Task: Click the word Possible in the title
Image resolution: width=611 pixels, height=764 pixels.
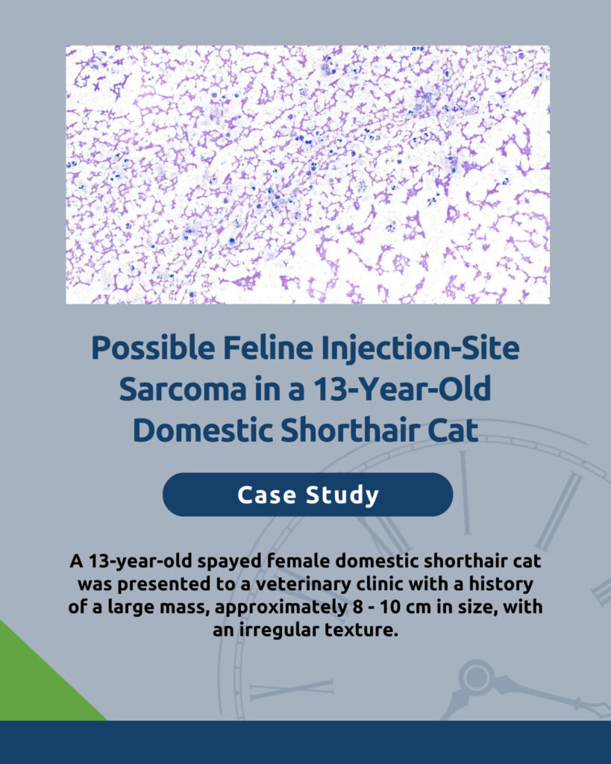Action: tap(153, 348)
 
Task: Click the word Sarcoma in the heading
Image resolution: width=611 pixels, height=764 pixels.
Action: tap(183, 389)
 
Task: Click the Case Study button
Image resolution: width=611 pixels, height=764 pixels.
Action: tap(307, 495)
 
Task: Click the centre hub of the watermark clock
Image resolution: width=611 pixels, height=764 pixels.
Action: tap(477, 677)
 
